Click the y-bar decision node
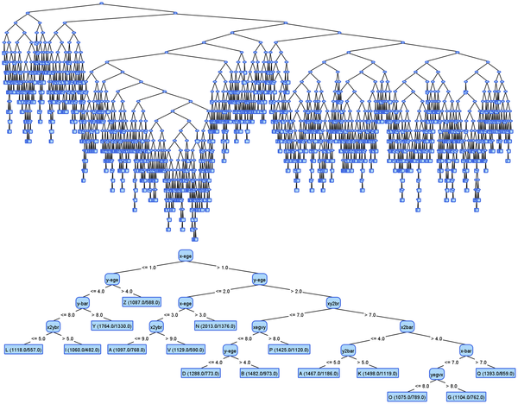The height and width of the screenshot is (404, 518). (83, 303)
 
